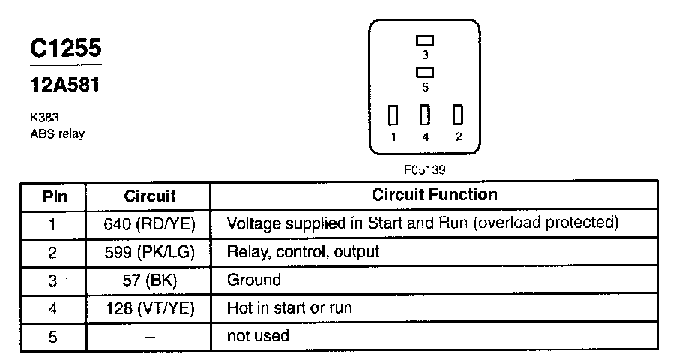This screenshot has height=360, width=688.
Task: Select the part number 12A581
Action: [x=64, y=85]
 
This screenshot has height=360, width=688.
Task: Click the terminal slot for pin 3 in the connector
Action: [x=425, y=40]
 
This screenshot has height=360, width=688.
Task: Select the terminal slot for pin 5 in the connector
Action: [x=425, y=72]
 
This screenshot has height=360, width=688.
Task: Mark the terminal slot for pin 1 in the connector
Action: [x=393, y=115]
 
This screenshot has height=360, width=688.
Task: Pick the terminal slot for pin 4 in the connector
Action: [x=425, y=115]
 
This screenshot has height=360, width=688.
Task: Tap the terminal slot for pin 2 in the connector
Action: [x=457, y=115]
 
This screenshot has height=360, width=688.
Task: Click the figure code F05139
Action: [x=425, y=169]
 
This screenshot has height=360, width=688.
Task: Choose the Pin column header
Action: [x=52, y=196]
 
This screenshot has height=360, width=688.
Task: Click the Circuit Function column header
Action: [x=435, y=195]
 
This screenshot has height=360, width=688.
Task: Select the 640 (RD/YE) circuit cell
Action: [x=150, y=223]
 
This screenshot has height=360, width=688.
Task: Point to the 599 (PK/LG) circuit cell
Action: [x=150, y=252]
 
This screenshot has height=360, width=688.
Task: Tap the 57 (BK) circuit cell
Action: [x=150, y=280]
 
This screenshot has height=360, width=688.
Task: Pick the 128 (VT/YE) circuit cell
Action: [x=150, y=308]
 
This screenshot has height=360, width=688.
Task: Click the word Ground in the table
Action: [x=253, y=280]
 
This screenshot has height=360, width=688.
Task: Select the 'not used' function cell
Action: [x=258, y=336]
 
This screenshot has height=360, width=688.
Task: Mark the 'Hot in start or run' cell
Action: [x=289, y=308]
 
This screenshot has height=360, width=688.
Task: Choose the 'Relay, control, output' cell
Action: [x=303, y=252]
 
